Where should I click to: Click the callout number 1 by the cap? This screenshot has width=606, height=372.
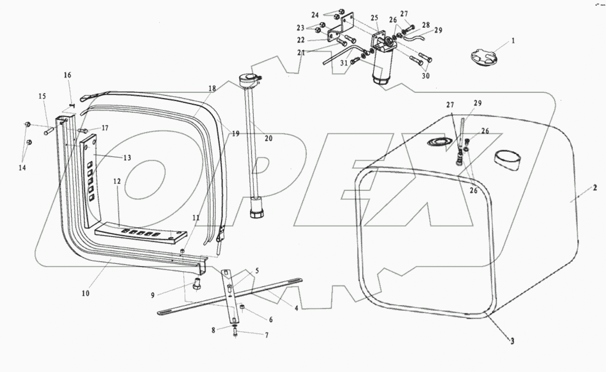point(513,41)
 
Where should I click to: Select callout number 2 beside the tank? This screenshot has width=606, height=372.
point(595,188)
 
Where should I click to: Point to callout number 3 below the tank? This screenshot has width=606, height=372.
point(512,341)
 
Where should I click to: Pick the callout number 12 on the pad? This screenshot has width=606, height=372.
point(117,182)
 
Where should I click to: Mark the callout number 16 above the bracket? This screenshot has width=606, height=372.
point(67,75)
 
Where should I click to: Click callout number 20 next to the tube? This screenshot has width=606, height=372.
point(268,138)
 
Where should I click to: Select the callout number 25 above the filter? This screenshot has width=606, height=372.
point(374,18)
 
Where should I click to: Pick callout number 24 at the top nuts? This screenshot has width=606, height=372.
point(328,14)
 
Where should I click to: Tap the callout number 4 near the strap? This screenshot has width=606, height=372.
point(296,308)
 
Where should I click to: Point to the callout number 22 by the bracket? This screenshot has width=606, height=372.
point(314,40)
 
